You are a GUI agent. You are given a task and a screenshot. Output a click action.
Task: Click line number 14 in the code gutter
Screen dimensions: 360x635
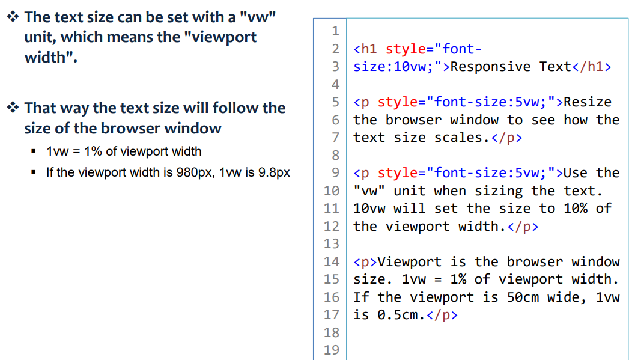point(331,262)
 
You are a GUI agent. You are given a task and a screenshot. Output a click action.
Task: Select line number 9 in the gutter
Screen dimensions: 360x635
point(335,173)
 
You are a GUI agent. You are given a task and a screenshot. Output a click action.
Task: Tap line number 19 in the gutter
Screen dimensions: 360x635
point(331,350)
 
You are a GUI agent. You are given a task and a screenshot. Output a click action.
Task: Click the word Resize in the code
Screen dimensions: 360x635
point(587,102)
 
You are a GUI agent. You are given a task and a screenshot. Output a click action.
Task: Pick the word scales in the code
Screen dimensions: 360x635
point(458,138)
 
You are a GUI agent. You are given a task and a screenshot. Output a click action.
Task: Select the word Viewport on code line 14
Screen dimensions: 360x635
point(410,262)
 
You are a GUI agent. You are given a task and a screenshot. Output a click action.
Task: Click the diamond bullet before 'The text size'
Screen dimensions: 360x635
point(12,17)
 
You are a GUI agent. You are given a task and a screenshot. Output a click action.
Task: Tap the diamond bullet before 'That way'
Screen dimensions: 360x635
point(12,108)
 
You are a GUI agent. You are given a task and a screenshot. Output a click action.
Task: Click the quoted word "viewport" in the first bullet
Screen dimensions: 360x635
point(220,37)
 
